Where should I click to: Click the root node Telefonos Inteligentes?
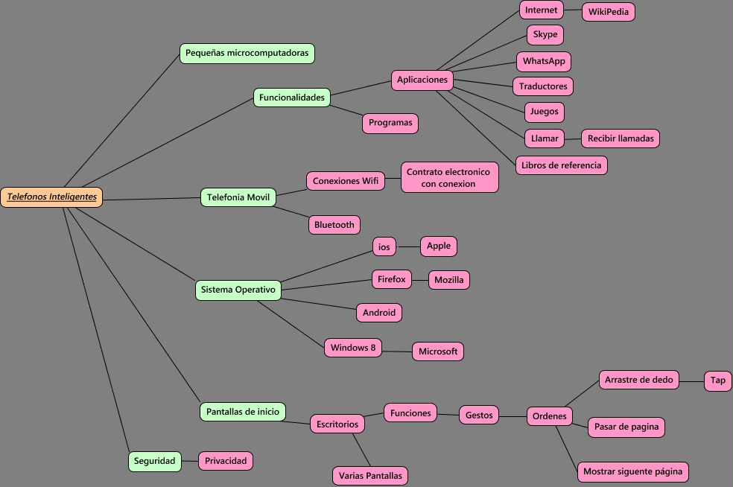point(51,197)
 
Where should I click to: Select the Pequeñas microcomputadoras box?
point(247,54)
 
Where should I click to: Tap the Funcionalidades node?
point(291,98)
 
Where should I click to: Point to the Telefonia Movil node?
point(238,197)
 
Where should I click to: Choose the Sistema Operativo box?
point(238,290)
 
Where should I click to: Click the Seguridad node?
point(154,461)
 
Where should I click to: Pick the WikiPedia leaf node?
point(608,12)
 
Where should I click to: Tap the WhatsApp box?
point(543,61)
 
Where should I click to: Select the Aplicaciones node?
point(422,80)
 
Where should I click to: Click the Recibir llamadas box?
point(620,139)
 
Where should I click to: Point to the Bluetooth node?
point(334,225)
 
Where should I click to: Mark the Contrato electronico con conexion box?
point(448,178)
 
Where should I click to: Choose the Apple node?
point(438,246)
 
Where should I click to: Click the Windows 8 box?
point(353,348)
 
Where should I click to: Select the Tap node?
point(717,381)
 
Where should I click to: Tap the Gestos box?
point(479,416)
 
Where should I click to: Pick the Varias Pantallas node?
point(369,475)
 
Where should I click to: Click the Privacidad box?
point(225,461)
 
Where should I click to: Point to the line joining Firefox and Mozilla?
point(420,280)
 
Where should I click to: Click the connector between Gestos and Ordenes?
point(513,416)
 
